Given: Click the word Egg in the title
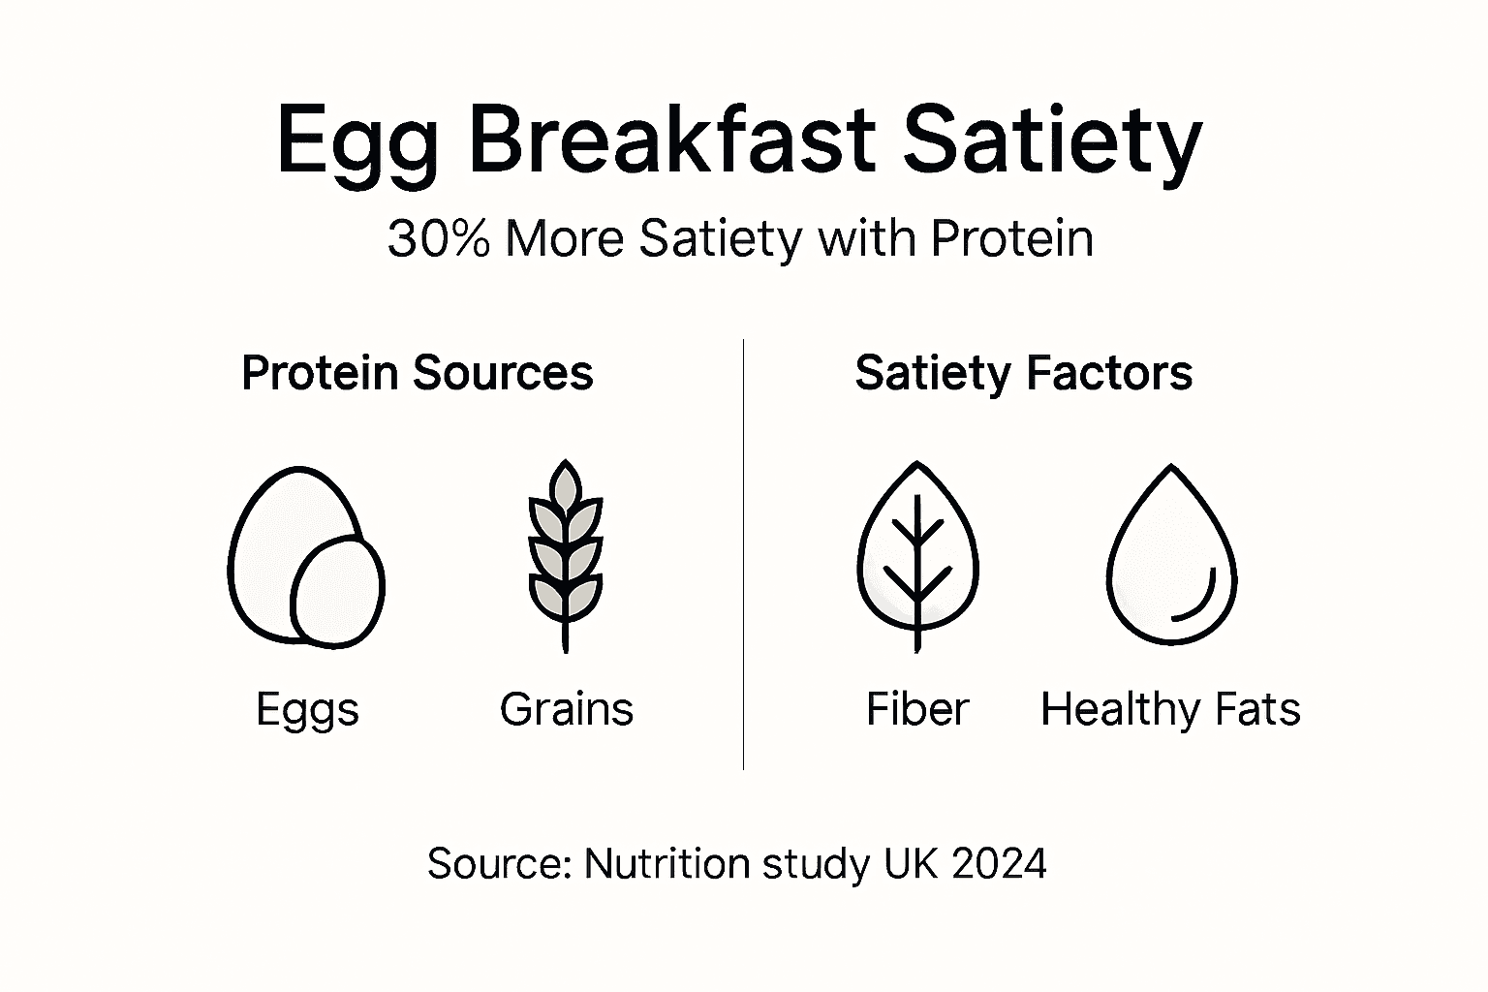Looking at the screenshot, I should click(357, 143).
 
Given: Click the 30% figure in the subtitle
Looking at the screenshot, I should click(439, 238).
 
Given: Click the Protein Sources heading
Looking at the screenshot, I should click(417, 373).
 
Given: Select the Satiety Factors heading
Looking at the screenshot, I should click(1023, 373).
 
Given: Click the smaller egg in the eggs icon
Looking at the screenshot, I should click(338, 591).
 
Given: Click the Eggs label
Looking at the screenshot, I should click(307, 710).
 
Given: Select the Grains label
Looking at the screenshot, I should click(567, 709).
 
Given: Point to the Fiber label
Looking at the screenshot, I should click(916, 709).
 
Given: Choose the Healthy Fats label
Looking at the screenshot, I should click(1170, 709).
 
